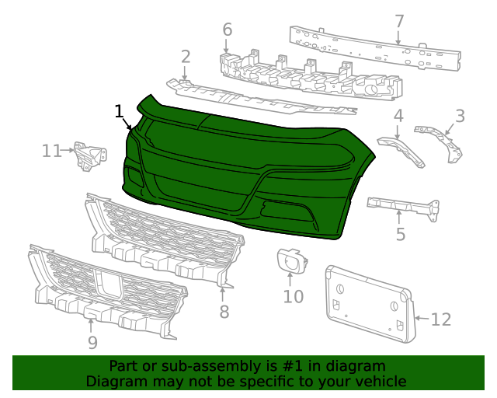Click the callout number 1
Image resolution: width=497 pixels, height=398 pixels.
(x=119, y=111)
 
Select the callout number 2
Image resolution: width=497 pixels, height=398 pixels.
(x=186, y=56)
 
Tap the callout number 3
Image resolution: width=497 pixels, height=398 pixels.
(x=460, y=117)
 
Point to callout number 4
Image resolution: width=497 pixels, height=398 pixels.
(x=398, y=117)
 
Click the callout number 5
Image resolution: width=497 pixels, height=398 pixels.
(x=400, y=234)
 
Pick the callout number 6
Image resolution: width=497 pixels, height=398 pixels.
(x=227, y=30)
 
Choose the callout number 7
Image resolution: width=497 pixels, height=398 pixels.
(x=399, y=21)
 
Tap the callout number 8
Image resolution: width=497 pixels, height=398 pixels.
(x=224, y=312)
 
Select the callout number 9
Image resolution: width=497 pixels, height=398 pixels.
(x=92, y=343)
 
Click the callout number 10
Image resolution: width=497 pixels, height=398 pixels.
(x=293, y=296)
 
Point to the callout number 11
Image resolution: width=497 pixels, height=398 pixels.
(x=52, y=150)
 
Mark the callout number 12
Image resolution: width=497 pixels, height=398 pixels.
(x=440, y=319)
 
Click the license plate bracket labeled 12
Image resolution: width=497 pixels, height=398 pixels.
(x=369, y=303)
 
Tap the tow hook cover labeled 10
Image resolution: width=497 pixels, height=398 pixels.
(x=289, y=260)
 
